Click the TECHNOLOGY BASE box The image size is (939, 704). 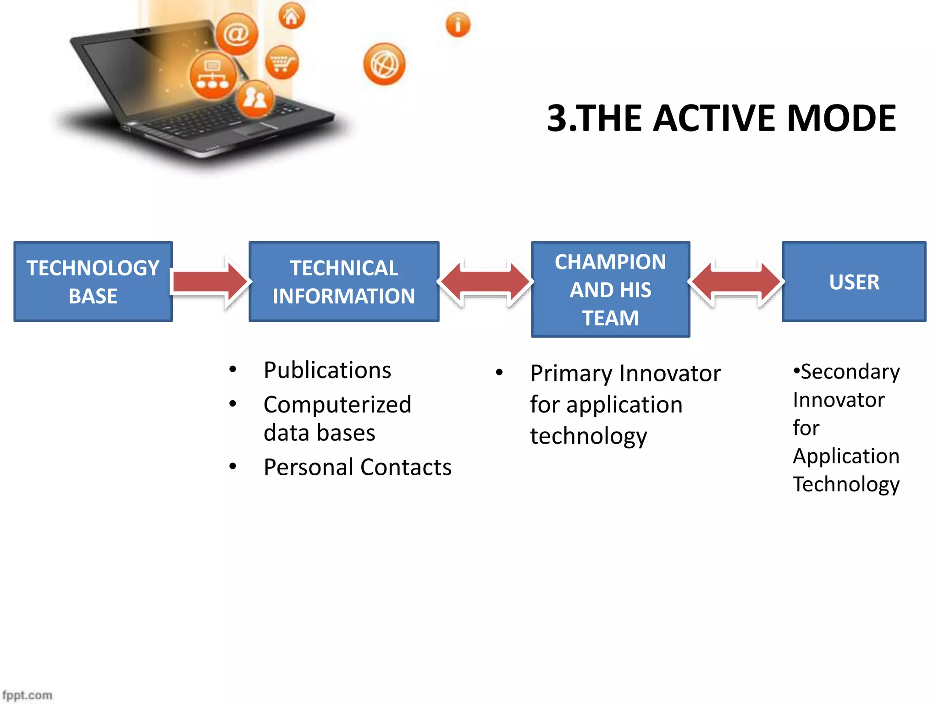(x=93, y=281)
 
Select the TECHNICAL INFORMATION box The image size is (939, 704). (x=344, y=281)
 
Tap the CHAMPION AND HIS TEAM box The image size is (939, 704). (x=610, y=289)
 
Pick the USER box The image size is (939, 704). (x=854, y=281)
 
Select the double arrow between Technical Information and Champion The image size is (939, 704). (x=485, y=281)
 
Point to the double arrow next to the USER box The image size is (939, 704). (x=736, y=281)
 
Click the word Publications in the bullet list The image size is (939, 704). (x=327, y=370)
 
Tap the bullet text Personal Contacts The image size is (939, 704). (x=358, y=467)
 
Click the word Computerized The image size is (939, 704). (x=337, y=405)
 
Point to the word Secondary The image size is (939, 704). (x=850, y=372)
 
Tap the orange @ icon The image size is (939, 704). (x=237, y=34)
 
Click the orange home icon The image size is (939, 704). (x=292, y=16)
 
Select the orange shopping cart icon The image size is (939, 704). (x=282, y=62)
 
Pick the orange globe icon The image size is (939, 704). (x=384, y=64)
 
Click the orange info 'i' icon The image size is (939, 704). (x=458, y=24)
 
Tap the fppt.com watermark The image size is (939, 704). (x=28, y=695)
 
